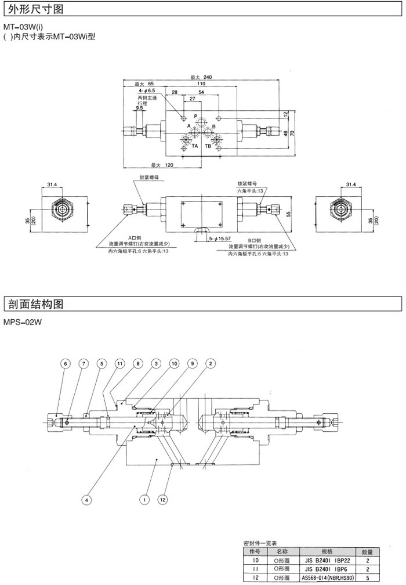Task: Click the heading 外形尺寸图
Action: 34,9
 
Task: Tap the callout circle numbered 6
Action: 65,364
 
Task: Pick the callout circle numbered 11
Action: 119,364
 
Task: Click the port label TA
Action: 195,146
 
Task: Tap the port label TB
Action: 208,146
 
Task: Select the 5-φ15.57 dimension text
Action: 219,238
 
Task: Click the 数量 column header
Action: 367,551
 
